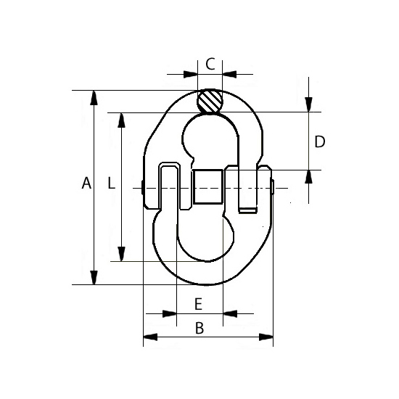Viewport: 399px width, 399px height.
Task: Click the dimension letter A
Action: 86,183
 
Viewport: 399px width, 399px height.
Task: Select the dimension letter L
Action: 111,183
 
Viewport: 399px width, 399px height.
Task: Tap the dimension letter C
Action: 210,64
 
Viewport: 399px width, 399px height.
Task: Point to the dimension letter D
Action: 320,141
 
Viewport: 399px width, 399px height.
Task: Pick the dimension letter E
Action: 198,304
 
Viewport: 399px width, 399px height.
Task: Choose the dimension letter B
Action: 199,328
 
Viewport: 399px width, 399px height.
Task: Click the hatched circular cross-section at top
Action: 210,101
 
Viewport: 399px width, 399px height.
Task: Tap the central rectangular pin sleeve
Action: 208,186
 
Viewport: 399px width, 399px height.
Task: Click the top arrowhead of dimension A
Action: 94,97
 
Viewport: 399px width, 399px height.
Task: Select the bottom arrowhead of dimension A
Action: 94,278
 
